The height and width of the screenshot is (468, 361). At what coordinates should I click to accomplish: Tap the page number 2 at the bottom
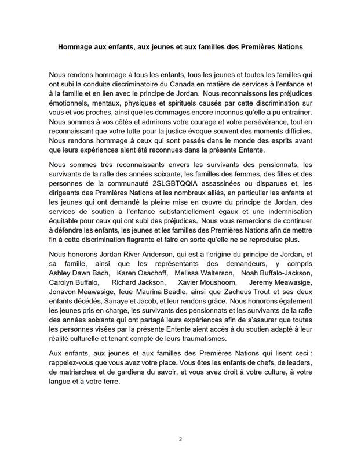coord(180,439)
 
